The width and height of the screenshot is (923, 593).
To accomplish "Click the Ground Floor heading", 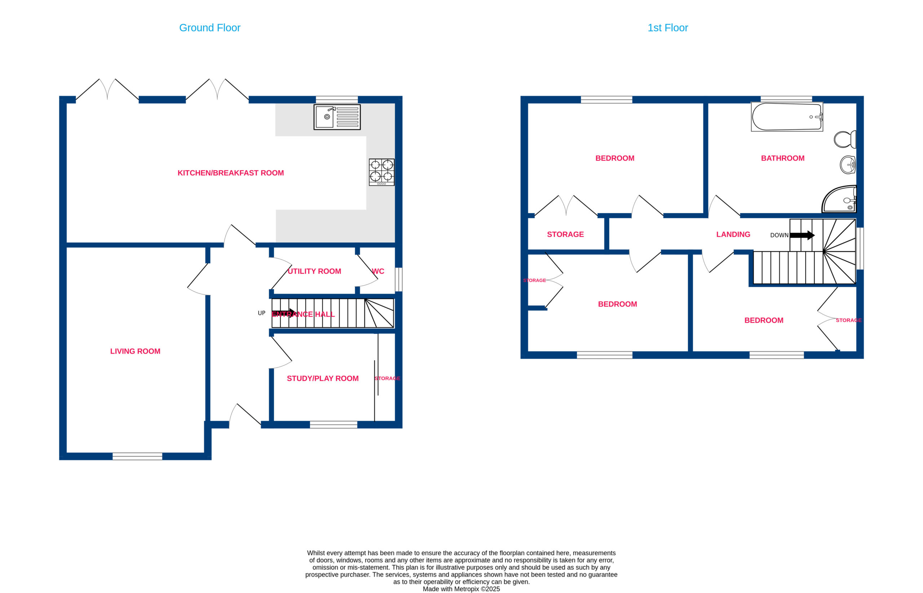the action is pyautogui.click(x=209, y=28).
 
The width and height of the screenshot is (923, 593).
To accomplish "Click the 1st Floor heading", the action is pyautogui.click(x=667, y=28).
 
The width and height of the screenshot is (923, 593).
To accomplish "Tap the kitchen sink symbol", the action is pyautogui.click(x=337, y=117).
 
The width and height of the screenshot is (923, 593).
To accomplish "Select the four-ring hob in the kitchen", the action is pyautogui.click(x=381, y=172).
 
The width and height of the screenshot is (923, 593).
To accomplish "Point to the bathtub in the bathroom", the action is pyautogui.click(x=787, y=116).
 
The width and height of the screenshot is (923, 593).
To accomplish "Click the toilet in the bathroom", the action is pyautogui.click(x=845, y=140).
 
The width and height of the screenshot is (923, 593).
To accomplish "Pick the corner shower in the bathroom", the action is pyautogui.click(x=839, y=199).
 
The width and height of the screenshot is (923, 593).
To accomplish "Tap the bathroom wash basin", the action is pyautogui.click(x=848, y=165).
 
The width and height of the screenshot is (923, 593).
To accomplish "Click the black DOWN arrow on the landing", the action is pyautogui.click(x=802, y=235).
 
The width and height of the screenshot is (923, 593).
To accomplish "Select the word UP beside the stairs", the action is pyautogui.click(x=261, y=313).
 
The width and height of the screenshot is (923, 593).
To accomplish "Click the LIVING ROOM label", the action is pyautogui.click(x=135, y=351).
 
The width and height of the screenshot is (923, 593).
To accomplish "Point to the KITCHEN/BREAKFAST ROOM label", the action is pyautogui.click(x=231, y=173).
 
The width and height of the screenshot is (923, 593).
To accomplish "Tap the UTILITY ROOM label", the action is pyautogui.click(x=314, y=271).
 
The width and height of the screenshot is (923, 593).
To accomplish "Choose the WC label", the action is pyautogui.click(x=378, y=271).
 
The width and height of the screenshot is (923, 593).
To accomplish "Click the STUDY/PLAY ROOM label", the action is pyautogui.click(x=323, y=379).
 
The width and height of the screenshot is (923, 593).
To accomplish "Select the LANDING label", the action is pyautogui.click(x=733, y=235).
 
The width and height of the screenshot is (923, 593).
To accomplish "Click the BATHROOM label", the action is pyautogui.click(x=782, y=158).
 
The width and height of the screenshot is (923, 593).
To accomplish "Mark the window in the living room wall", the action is pyautogui.click(x=137, y=456).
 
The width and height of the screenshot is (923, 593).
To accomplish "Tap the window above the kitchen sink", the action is pyautogui.click(x=337, y=99).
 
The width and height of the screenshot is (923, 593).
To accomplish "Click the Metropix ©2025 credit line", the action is pyautogui.click(x=461, y=589).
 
